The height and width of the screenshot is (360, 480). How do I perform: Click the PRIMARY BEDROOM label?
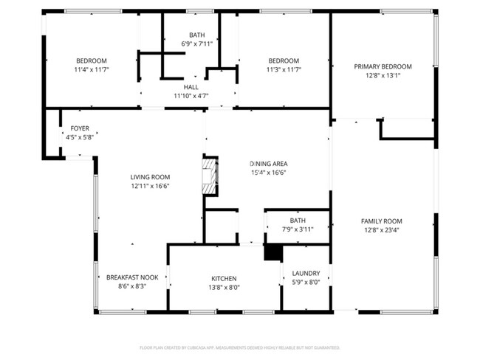[x=382, y=66]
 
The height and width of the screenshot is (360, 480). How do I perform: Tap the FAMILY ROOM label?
[x=381, y=221]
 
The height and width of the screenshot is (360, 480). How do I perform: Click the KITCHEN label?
[x=224, y=278]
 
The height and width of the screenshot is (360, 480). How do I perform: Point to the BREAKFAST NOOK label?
[x=131, y=277]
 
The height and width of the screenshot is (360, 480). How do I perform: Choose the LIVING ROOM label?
[x=150, y=177]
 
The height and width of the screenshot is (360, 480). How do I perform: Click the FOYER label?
[x=80, y=128]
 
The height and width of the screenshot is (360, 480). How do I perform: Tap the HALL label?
[x=191, y=87]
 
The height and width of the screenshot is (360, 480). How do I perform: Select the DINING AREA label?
[x=268, y=164]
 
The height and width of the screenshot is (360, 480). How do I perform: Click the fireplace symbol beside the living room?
[x=210, y=176]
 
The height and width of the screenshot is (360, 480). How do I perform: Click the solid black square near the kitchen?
[x=273, y=252]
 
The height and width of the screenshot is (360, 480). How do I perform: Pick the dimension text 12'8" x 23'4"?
[x=381, y=230]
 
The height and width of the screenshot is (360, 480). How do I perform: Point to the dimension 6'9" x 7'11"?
[x=196, y=44]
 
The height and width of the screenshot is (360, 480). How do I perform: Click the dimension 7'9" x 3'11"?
[x=298, y=229]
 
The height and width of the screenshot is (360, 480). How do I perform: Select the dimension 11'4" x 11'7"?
[x=91, y=69]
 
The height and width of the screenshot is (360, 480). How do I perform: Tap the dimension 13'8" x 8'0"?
[x=224, y=287]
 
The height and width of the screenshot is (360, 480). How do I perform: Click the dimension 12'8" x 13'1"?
[x=382, y=75]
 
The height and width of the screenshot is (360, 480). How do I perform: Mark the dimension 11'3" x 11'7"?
[x=284, y=69]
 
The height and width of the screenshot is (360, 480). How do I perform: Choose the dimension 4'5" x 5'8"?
[x=80, y=137]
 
